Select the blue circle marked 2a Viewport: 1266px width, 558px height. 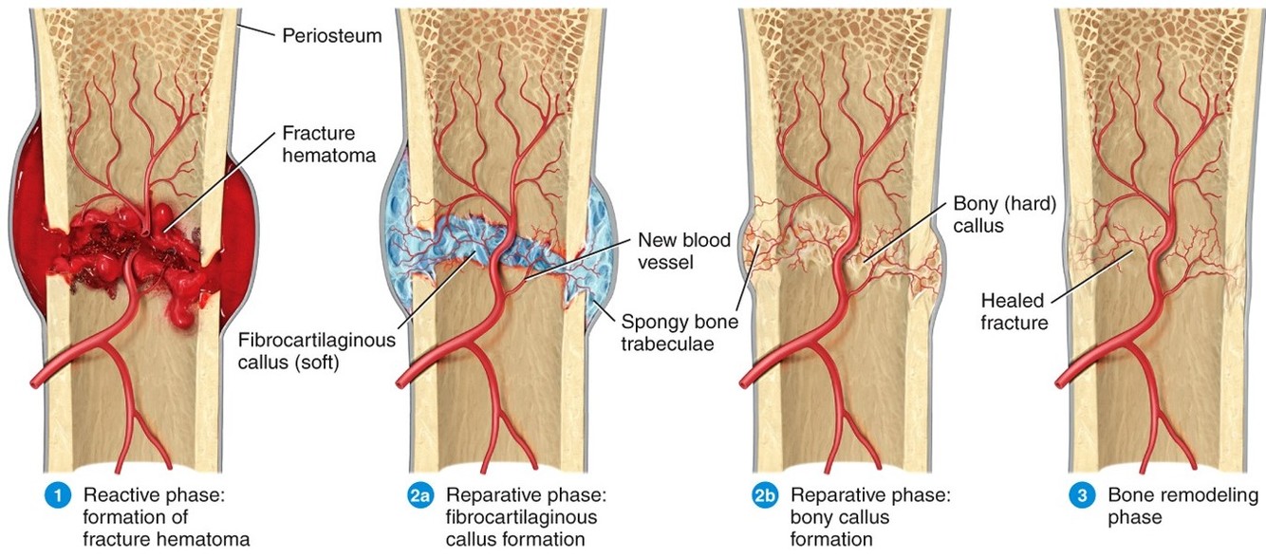tap(419, 495)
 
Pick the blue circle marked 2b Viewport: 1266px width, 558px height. tap(764, 495)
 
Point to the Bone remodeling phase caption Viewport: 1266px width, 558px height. tap(1182, 506)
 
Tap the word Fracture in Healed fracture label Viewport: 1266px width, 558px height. tap(1014, 323)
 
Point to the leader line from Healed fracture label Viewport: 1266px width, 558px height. tap(1090, 276)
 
